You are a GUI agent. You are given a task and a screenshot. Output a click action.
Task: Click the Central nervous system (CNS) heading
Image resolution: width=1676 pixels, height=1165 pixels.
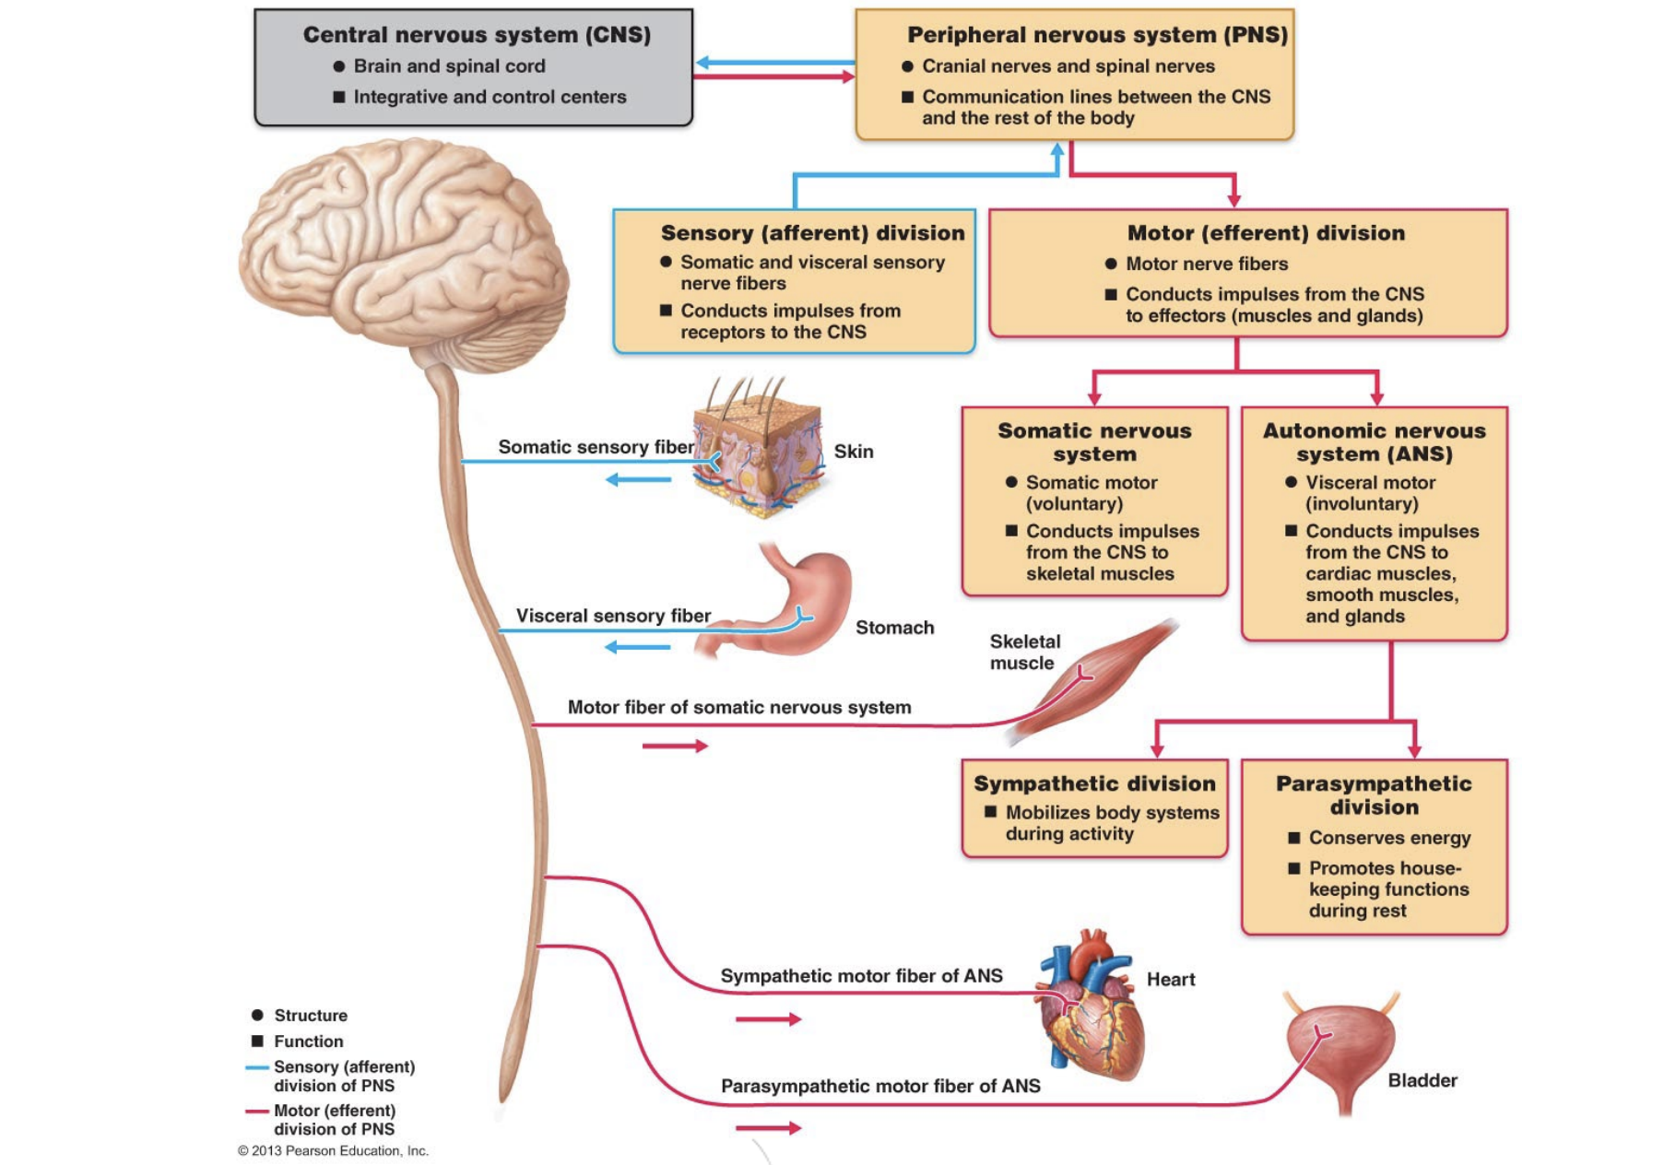[x=477, y=35]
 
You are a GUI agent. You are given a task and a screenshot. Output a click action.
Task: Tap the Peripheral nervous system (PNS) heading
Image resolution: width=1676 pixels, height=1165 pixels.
[x=1097, y=35]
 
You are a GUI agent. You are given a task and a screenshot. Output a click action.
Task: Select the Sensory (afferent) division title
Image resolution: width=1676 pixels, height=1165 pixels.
[x=812, y=233]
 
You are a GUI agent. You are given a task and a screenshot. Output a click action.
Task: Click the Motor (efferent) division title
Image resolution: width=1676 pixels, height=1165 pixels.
[x=1266, y=233]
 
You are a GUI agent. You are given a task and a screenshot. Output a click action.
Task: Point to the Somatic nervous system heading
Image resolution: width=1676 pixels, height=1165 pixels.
[x=1094, y=442]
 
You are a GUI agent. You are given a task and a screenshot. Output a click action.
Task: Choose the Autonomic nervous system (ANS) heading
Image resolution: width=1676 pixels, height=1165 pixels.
[x=1374, y=442]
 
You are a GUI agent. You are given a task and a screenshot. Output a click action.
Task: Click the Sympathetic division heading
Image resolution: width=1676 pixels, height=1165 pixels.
[x=1094, y=783]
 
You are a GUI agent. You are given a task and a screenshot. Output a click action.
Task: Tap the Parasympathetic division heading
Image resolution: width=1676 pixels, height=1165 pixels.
[x=1374, y=794]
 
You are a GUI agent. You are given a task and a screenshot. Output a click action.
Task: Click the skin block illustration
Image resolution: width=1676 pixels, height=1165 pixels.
[x=759, y=452]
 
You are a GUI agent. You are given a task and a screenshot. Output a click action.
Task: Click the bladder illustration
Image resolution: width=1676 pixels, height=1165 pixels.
[x=1341, y=1051]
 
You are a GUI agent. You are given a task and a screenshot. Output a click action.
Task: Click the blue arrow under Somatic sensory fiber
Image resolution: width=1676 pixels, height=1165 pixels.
[x=638, y=479]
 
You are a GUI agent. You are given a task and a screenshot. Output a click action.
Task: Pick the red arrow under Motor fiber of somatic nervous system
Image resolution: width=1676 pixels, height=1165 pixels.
[x=675, y=746]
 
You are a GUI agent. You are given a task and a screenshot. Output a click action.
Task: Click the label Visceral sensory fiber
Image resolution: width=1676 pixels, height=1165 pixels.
[x=613, y=616]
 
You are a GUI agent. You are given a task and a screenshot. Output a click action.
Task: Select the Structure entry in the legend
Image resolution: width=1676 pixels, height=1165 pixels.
[x=310, y=1015]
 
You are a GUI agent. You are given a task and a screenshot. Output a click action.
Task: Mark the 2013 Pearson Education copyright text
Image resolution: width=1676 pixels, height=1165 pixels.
[x=333, y=1150]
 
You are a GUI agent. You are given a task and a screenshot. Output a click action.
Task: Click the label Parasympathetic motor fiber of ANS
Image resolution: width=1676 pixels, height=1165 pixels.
[x=880, y=1086]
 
